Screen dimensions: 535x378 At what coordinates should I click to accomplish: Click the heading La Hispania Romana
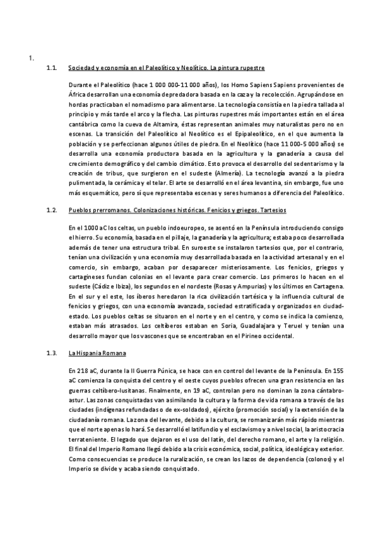click(x=97, y=353)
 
